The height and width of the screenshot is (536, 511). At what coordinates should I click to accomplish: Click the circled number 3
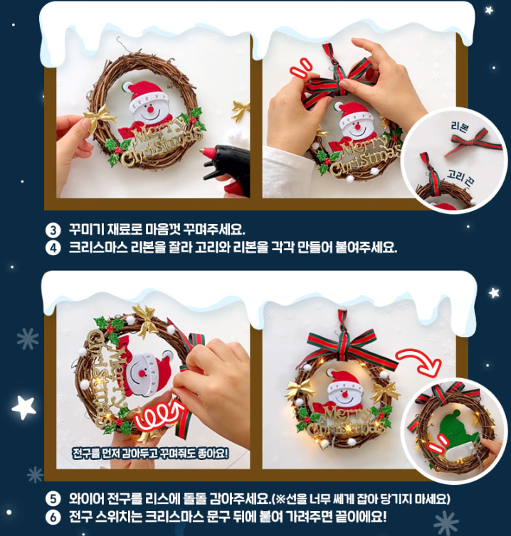[x=53, y=230]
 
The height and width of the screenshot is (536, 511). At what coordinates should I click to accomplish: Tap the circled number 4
[x=53, y=248]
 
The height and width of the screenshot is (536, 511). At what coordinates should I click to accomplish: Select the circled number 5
[x=53, y=499]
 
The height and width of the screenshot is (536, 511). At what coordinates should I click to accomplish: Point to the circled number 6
[x=53, y=518]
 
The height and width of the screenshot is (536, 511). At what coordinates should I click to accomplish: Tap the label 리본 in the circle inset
[x=459, y=126]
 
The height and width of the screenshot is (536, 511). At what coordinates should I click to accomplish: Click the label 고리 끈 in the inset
[x=460, y=178]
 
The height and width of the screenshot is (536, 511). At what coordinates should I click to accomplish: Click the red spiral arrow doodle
[x=159, y=414]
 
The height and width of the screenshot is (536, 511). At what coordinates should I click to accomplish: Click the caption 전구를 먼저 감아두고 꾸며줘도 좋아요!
[x=150, y=454]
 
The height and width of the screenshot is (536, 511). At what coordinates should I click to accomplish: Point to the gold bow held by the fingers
[x=99, y=119]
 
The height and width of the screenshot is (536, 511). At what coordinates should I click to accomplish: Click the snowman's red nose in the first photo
[x=150, y=109]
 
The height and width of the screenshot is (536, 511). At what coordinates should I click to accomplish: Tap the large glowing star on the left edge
[x=23, y=407]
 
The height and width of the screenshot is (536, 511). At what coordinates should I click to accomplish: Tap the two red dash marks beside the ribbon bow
[x=300, y=68]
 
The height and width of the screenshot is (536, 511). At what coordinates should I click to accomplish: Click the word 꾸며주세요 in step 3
[x=214, y=230]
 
